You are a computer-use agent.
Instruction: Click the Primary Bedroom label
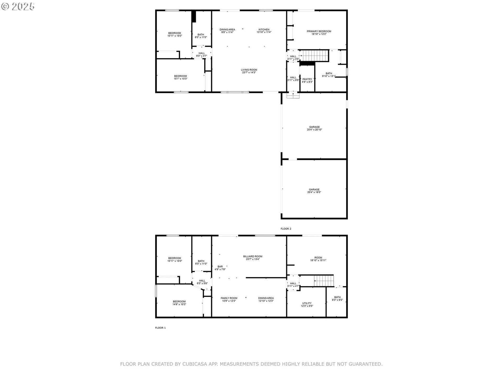319,31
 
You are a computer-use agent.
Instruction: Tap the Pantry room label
307,79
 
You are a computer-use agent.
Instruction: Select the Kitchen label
264,30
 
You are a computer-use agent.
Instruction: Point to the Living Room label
249,70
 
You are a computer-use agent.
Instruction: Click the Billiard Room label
253,257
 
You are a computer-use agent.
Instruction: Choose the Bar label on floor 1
220,267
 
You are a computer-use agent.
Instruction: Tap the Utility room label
307,303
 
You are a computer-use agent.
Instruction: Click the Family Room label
229,298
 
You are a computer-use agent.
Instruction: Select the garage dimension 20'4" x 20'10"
314,130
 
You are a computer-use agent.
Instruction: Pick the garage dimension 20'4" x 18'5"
314,192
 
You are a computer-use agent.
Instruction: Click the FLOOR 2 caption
286,229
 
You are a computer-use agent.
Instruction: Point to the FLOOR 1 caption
160,328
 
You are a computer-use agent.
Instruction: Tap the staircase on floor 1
324,281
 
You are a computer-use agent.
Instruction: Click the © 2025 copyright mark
18,7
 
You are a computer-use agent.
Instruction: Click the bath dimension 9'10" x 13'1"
329,76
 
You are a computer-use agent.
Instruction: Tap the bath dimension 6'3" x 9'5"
337,300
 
